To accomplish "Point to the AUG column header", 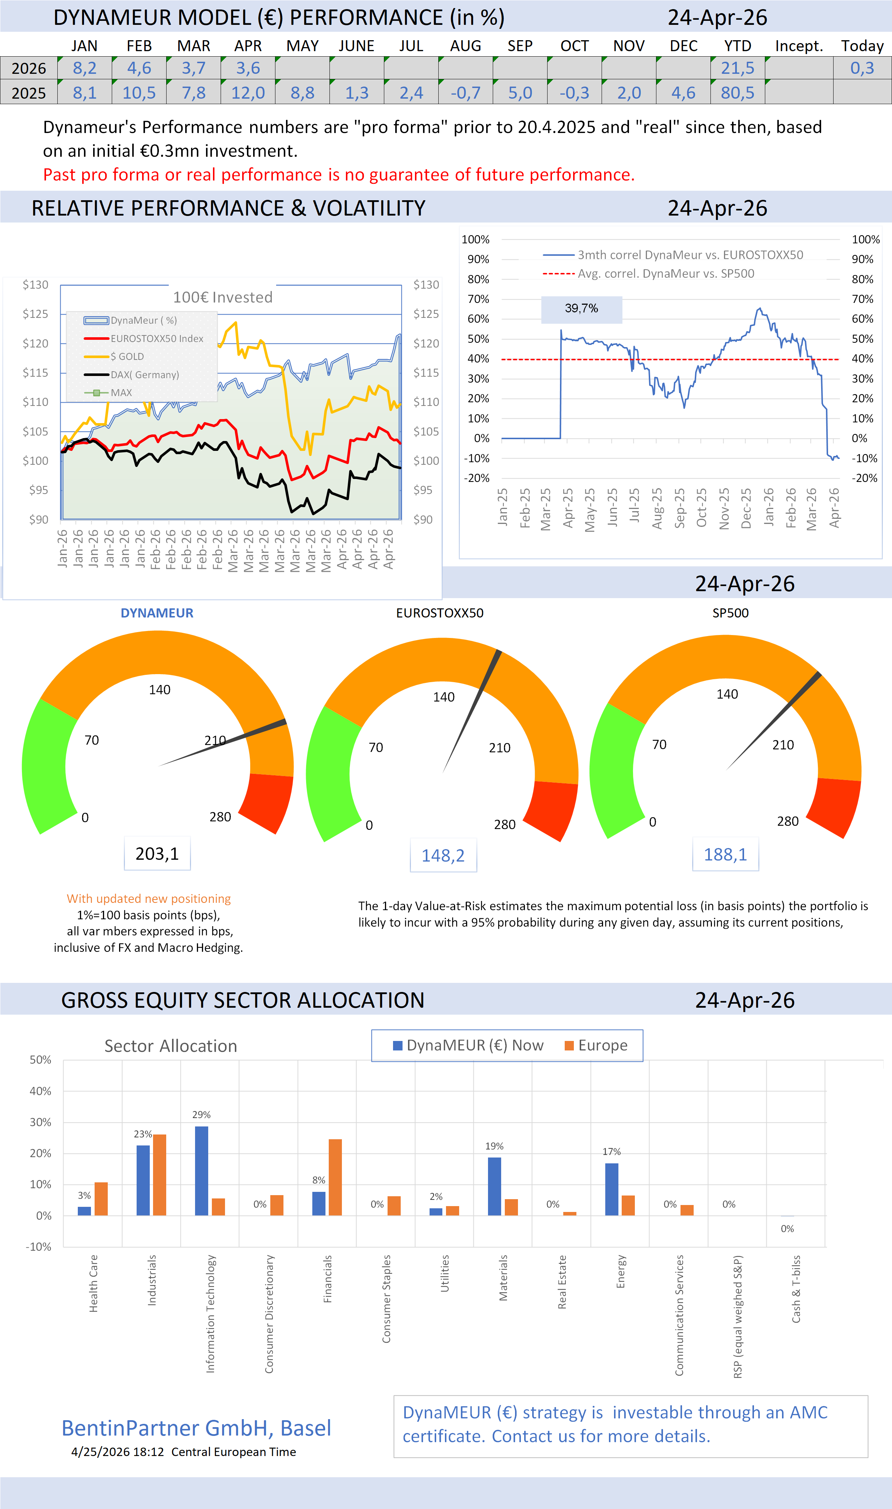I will [x=465, y=46].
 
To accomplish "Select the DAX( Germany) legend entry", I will [x=144, y=375].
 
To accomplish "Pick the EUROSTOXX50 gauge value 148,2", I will [x=443, y=855].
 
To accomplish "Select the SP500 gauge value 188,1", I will [x=725, y=854].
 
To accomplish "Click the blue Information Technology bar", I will [x=201, y=1171].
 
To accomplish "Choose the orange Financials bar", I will [x=335, y=1177].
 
